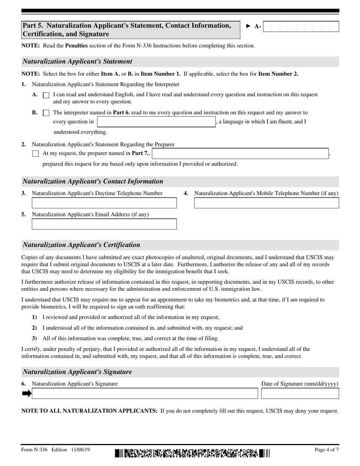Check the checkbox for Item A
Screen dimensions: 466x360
pos(46,95)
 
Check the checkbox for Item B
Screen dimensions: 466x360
pos(46,113)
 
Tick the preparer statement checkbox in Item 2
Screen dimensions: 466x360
pos(36,154)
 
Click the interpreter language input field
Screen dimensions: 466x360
pos(157,122)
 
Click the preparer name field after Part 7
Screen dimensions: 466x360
pos(240,153)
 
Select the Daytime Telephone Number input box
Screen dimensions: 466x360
pos(104,203)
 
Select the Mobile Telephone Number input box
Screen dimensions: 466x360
pos(266,203)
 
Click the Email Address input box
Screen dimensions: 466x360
pos(104,224)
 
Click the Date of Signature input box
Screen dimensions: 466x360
pos(300,394)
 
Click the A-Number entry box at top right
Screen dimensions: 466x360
pos(301,27)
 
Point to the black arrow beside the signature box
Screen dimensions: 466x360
pos(27,394)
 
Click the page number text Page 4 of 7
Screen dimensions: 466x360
pos(327,450)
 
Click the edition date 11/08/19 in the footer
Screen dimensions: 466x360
pos(80,450)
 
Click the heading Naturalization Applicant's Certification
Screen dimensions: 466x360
pos(81,245)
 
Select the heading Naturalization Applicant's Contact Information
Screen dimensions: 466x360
pos(93,181)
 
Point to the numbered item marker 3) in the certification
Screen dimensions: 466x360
pos(34,338)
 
